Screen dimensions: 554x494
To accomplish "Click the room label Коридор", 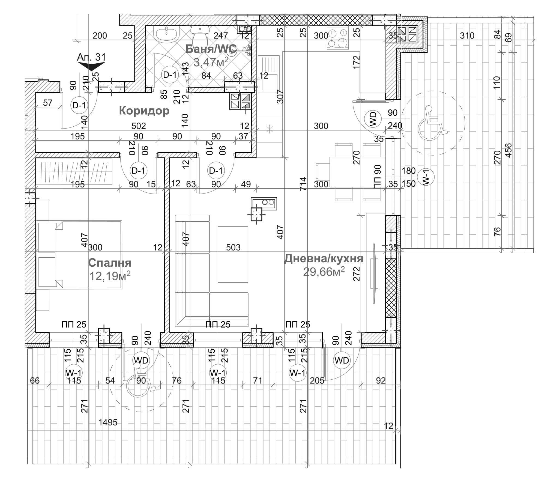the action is tap(144, 111).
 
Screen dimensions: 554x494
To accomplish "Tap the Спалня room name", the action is tap(110, 263).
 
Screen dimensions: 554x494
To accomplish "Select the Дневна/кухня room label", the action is tap(324, 258).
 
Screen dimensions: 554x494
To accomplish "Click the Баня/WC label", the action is tap(211, 49).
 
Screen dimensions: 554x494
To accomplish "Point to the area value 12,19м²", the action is tap(110, 276).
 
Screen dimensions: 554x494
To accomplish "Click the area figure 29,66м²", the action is tap(324, 272).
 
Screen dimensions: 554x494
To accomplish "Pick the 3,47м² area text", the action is tap(211, 62).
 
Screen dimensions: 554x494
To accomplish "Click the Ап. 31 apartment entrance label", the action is tap(91, 57).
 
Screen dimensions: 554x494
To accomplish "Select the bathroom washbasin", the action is tap(166, 35).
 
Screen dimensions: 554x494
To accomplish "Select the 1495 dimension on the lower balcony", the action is tap(108, 422).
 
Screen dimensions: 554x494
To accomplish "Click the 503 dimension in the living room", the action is tap(233, 247).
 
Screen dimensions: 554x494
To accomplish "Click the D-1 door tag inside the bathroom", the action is tap(170, 75).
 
